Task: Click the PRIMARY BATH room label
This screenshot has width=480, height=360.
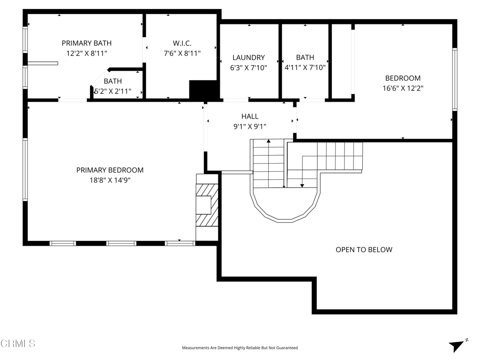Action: click(87, 43)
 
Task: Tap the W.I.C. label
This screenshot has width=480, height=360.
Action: click(182, 43)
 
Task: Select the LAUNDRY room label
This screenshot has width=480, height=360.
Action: click(248, 58)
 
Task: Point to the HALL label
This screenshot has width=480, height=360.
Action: click(250, 116)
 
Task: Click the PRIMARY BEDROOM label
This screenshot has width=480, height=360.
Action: click(110, 170)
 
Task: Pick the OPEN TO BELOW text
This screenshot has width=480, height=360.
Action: click(364, 249)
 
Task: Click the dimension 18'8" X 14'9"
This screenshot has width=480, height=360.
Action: click(110, 180)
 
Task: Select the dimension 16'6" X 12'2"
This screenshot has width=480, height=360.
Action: click(403, 88)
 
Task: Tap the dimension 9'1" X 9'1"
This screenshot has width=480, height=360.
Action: click(250, 127)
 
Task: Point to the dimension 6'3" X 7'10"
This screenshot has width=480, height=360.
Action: click(248, 67)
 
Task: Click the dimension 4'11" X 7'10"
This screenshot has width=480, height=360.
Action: click(305, 67)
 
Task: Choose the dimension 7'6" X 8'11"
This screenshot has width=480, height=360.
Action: click(182, 53)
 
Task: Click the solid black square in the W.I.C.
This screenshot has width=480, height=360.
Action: click(203, 90)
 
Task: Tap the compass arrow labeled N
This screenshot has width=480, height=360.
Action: click(458, 345)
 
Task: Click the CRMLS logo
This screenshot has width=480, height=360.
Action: click(18, 343)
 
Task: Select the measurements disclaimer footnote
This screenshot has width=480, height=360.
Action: click(240, 348)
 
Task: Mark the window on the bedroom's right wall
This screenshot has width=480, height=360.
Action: click(455, 79)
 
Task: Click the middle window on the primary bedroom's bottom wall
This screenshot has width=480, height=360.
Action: click(121, 243)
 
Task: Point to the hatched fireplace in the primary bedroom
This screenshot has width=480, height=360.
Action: click(207, 205)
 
